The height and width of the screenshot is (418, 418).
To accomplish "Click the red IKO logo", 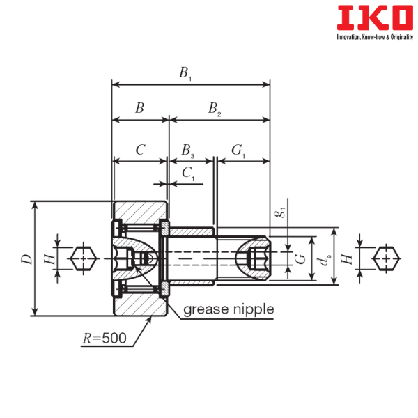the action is pyautogui.click(x=375, y=17).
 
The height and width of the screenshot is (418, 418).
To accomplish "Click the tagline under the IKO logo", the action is pyautogui.click(x=375, y=37).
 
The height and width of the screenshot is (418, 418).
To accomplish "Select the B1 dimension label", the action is pyautogui.click(x=185, y=73).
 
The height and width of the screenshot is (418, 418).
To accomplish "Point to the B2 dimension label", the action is pyautogui.click(x=215, y=109).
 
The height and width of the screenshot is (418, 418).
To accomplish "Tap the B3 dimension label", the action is pyautogui.click(x=188, y=150).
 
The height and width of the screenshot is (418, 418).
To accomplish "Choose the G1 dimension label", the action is pyautogui.click(x=238, y=150).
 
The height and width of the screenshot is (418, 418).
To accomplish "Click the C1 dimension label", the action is pyautogui.click(x=189, y=173).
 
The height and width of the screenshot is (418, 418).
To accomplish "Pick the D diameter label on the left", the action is pyautogui.click(x=27, y=259).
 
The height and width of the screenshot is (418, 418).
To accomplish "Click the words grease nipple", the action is pyautogui.click(x=229, y=310).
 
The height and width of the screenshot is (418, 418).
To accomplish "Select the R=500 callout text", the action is pyautogui.click(x=104, y=339).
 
